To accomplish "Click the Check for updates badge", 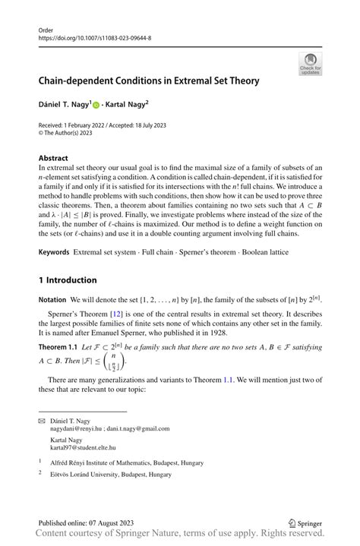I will [x=310, y=64].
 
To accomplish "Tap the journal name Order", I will [x=46, y=30].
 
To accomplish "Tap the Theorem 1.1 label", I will [x=58, y=346].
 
